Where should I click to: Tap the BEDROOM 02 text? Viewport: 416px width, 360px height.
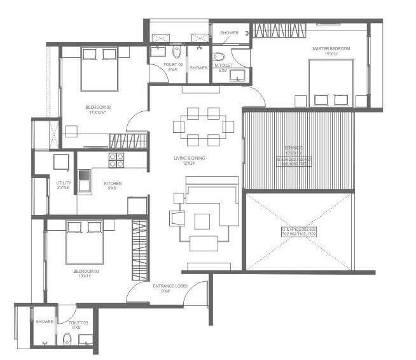[99, 107]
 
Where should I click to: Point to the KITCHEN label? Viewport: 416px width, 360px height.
[113, 184]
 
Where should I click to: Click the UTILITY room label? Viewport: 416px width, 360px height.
[64, 183]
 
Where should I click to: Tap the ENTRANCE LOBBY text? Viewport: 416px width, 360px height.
[169, 286]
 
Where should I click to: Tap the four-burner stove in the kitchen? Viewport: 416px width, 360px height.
[116, 160]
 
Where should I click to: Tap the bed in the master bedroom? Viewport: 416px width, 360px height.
[331, 83]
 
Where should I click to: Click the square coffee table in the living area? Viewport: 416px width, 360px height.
[202, 221]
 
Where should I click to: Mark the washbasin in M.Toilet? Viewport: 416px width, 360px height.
[239, 76]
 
